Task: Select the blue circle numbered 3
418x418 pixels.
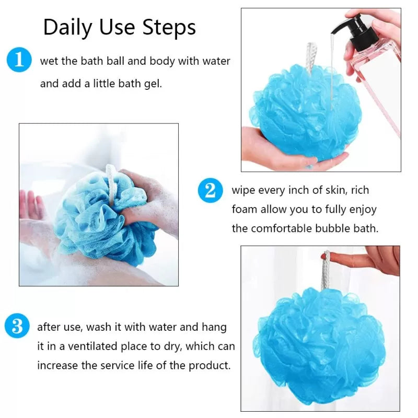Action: coord(17,327)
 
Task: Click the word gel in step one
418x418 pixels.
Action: coord(153,83)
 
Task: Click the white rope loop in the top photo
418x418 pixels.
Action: coord(312,57)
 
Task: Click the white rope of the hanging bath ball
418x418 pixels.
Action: coord(326,272)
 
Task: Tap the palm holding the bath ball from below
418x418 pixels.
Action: coord(282,154)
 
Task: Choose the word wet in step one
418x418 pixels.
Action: coord(49,61)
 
